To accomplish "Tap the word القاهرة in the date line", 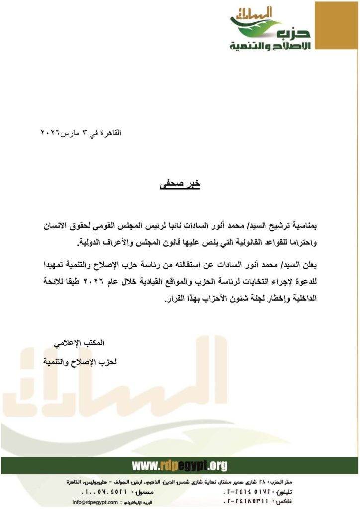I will pyautogui.click(x=110, y=134).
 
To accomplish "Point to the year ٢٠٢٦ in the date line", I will pyautogui.click(x=50, y=134).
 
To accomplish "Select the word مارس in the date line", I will pyautogui.click(x=70, y=134).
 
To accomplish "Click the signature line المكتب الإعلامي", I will pyautogui.click(x=80, y=343).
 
